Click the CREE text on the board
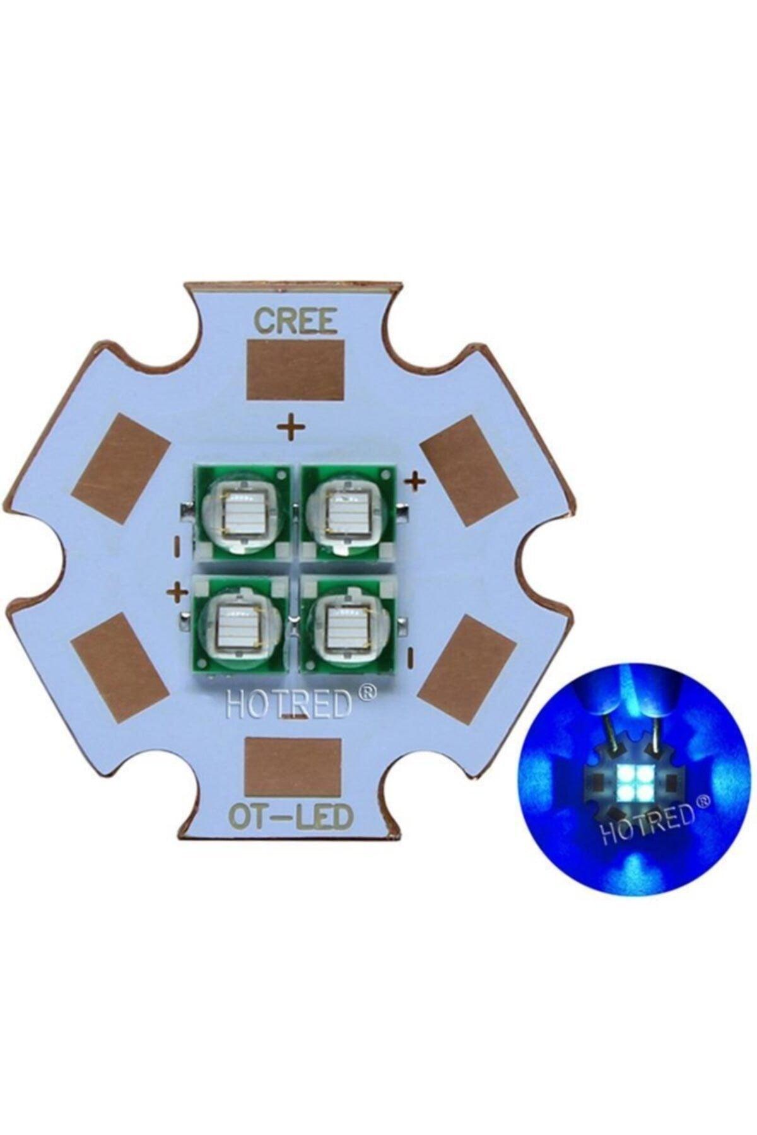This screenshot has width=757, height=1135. (293, 321)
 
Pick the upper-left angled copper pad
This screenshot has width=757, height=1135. (121, 466)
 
